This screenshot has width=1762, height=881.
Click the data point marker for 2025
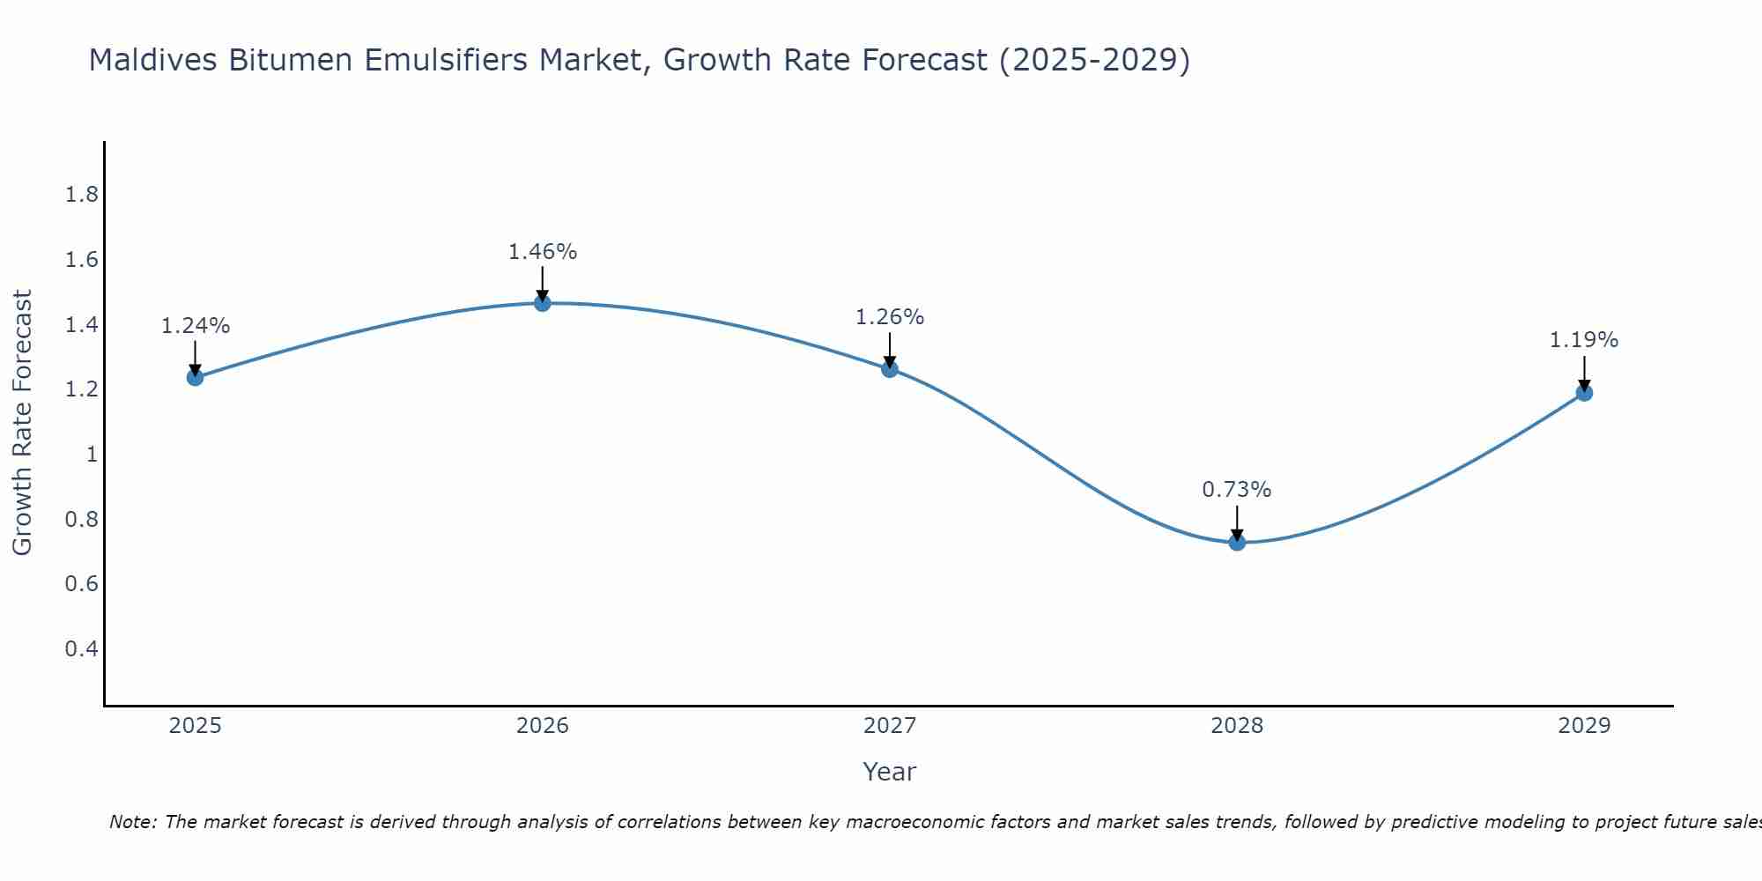pyautogui.click(x=195, y=378)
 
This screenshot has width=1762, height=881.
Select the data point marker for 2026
pyautogui.click(x=543, y=303)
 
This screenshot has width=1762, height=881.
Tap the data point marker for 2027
pyautogui.click(x=890, y=369)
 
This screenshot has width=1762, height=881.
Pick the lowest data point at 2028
pyautogui.click(x=1237, y=542)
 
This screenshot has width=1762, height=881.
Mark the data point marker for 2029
pyautogui.click(x=1584, y=393)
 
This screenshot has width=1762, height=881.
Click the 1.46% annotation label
pyautogui.click(x=543, y=252)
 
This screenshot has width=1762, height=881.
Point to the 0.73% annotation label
pyautogui.click(x=1237, y=490)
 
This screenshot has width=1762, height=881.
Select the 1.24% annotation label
pyautogui.click(x=195, y=326)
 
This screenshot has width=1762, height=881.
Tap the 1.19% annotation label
pyautogui.click(x=1584, y=340)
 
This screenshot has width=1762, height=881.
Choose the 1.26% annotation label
pyautogui.click(x=890, y=317)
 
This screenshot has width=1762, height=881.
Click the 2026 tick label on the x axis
pyautogui.click(x=543, y=726)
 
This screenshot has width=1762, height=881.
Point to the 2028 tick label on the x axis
pyautogui.click(x=1237, y=726)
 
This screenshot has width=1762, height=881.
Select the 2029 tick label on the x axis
pyautogui.click(x=1584, y=726)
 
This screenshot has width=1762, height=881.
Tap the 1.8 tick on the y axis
pyautogui.click(x=82, y=195)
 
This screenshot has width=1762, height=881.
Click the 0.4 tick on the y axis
pyautogui.click(x=82, y=649)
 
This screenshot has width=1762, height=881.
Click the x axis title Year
pyautogui.click(x=890, y=772)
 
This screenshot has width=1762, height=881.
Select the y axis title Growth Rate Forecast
pyautogui.click(x=22, y=423)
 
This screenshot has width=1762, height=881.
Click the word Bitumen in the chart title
pyautogui.click(x=281, y=60)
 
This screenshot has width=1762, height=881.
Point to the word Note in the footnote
pyautogui.click(x=132, y=822)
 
